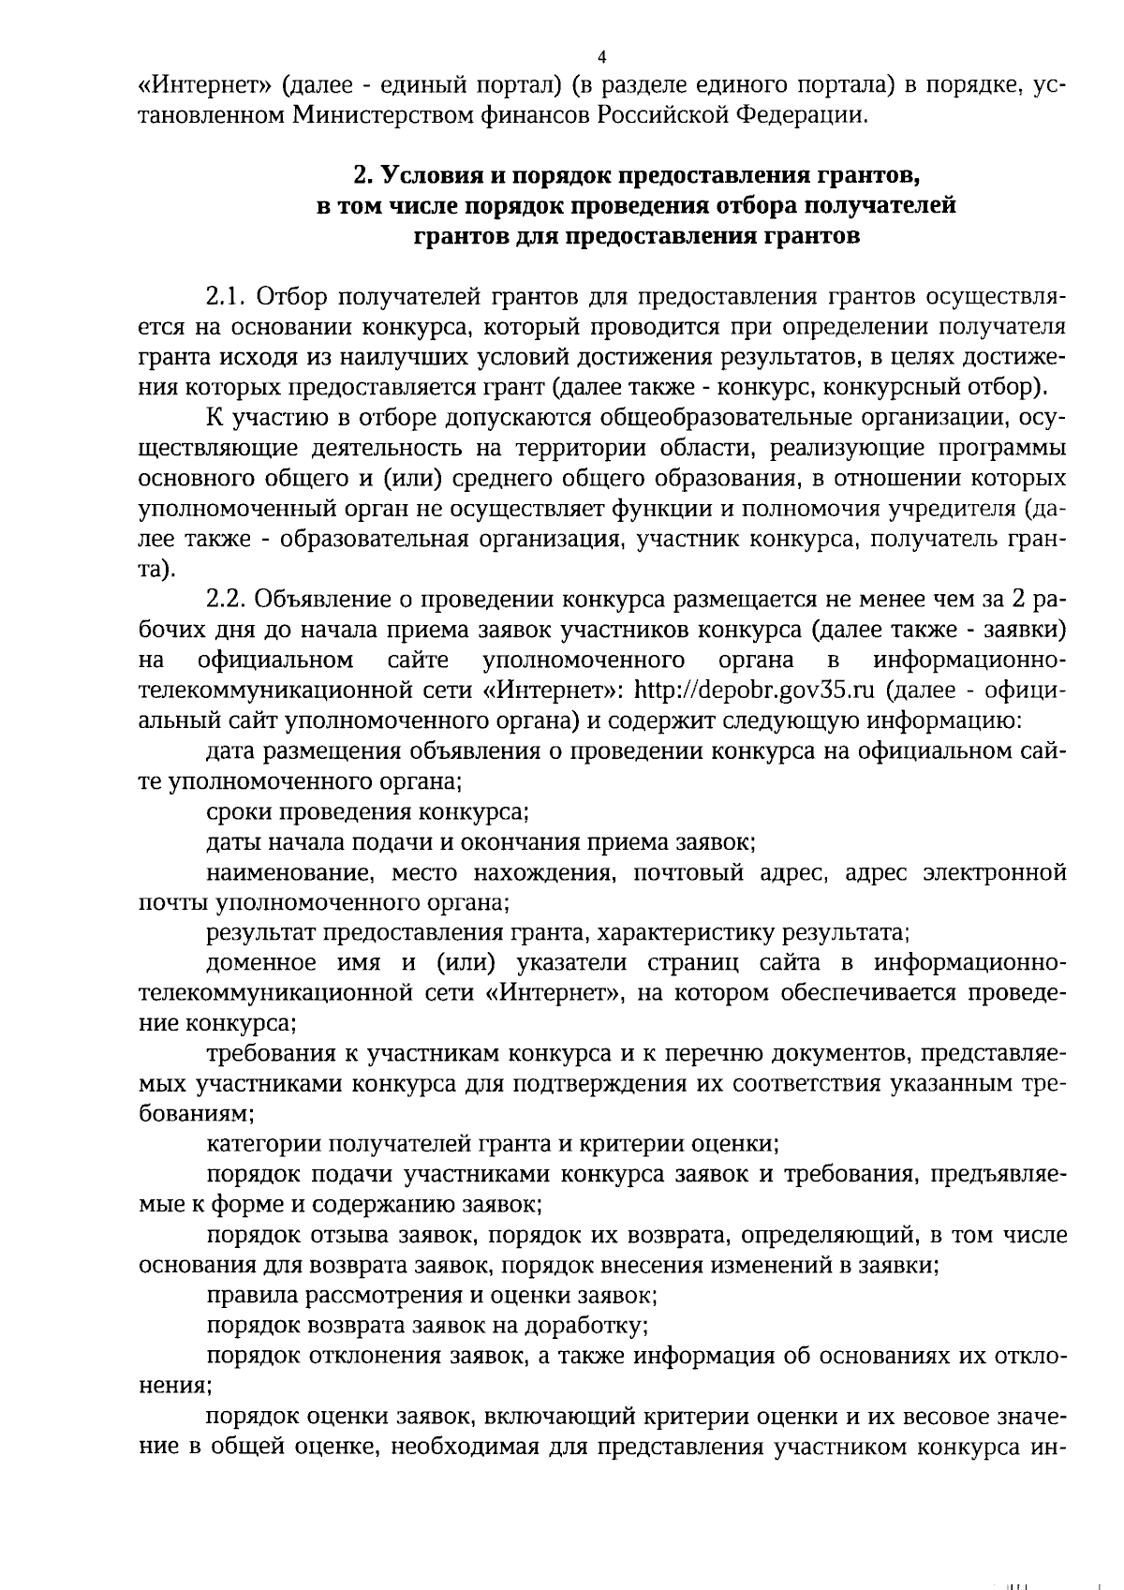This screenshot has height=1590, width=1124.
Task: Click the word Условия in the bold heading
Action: tap(431, 175)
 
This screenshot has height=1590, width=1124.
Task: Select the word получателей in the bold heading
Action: tap(878, 205)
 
